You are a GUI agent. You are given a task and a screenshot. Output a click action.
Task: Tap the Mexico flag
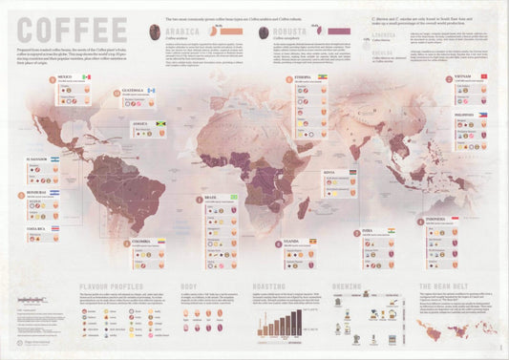click(x=86, y=76)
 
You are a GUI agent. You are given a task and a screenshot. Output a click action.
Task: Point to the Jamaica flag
click(x=154, y=124)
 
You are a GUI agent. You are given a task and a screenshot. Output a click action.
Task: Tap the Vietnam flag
click(x=483, y=75)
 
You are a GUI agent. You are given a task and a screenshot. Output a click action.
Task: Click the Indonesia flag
click(x=482, y=218)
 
